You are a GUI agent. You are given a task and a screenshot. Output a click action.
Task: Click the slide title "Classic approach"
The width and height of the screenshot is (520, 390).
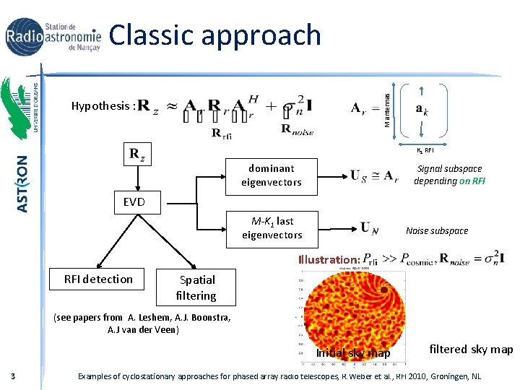pyautogui.click(x=215, y=35)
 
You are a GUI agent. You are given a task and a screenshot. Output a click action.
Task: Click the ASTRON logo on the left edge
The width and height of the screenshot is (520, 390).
pyautogui.click(x=22, y=183)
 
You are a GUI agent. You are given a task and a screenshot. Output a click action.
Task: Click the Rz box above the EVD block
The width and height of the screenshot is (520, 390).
pyautogui.click(x=136, y=154)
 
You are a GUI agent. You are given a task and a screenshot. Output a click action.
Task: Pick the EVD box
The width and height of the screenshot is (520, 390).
pyautogui.click(x=134, y=202)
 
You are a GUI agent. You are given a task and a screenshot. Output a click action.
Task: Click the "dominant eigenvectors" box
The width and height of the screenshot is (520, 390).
pyautogui.click(x=272, y=175)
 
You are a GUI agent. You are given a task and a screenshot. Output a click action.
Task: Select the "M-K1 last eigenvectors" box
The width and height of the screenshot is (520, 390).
pyautogui.click(x=272, y=227)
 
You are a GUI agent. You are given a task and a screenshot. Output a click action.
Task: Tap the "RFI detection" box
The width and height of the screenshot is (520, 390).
pyautogui.click(x=98, y=279)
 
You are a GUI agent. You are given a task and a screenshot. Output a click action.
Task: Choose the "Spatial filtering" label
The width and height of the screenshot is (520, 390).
pyautogui.click(x=196, y=287)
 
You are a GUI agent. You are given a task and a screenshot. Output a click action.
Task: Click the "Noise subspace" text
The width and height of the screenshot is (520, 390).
pyautogui.click(x=437, y=230)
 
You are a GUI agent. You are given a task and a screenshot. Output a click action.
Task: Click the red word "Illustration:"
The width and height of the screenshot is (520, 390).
pyautogui.click(x=329, y=259)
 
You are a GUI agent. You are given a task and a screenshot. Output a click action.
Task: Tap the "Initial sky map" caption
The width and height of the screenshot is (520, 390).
pyautogui.click(x=353, y=353)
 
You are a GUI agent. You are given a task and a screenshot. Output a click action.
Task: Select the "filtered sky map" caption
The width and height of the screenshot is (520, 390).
pyautogui.click(x=471, y=349)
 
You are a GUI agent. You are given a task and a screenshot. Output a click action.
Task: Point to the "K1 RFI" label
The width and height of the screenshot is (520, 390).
pyautogui.click(x=424, y=150)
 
